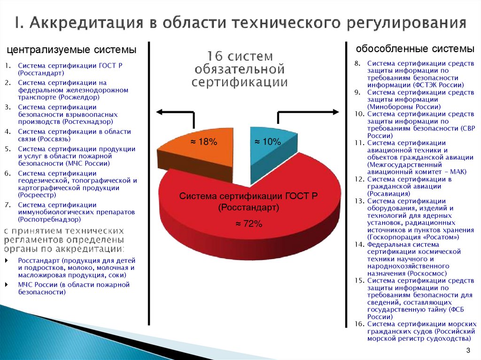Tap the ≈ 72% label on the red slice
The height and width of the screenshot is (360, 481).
[248, 224]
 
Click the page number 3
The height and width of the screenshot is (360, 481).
[468, 351]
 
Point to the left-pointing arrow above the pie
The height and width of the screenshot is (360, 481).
[162, 112]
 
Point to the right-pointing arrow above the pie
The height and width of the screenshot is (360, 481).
[333, 112]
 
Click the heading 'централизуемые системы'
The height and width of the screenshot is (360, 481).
[71, 50]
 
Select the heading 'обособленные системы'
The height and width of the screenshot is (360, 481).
[415, 49]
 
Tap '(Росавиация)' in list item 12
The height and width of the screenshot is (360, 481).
[389, 193]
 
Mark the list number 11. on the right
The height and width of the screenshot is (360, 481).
[359, 143]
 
